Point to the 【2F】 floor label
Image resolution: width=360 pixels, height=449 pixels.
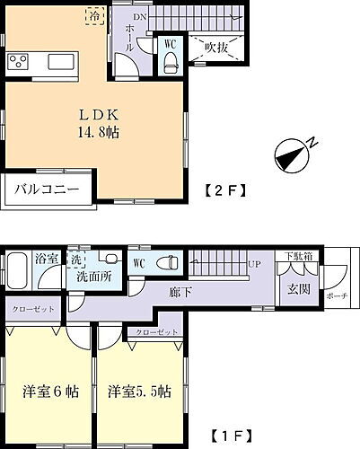[219, 189]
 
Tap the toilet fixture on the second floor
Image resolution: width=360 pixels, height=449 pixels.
[170, 61]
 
